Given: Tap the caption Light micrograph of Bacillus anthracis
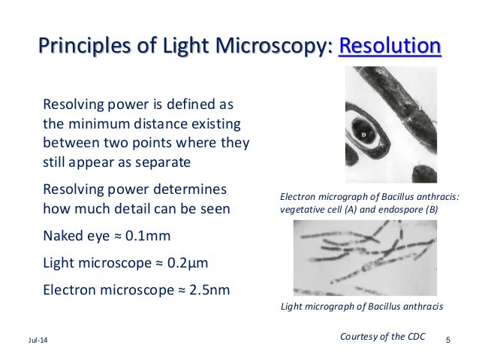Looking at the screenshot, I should pyautogui.click(x=361, y=307).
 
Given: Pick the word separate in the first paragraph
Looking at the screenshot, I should pyautogui.click(x=160, y=162).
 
